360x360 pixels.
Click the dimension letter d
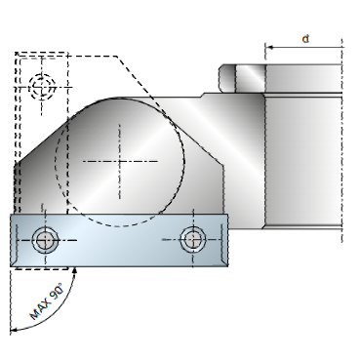(x=305, y=39)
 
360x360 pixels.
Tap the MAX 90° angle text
(x=46, y=301)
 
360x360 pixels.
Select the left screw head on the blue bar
(x=45, y=241)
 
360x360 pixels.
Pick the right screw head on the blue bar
(x=193, y=240)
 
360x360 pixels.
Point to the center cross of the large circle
(x=120, y=161)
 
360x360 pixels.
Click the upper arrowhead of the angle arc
(x=75, y=270)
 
